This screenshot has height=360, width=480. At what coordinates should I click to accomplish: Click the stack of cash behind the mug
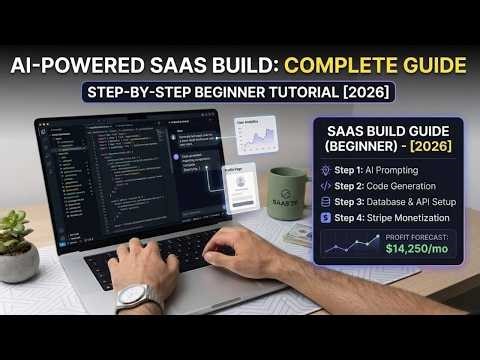[297, 235]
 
